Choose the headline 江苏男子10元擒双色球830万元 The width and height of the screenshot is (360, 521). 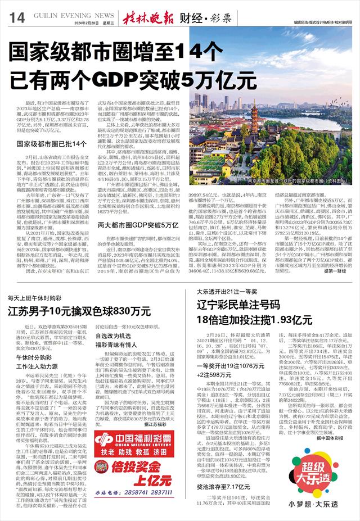(79, 311)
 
